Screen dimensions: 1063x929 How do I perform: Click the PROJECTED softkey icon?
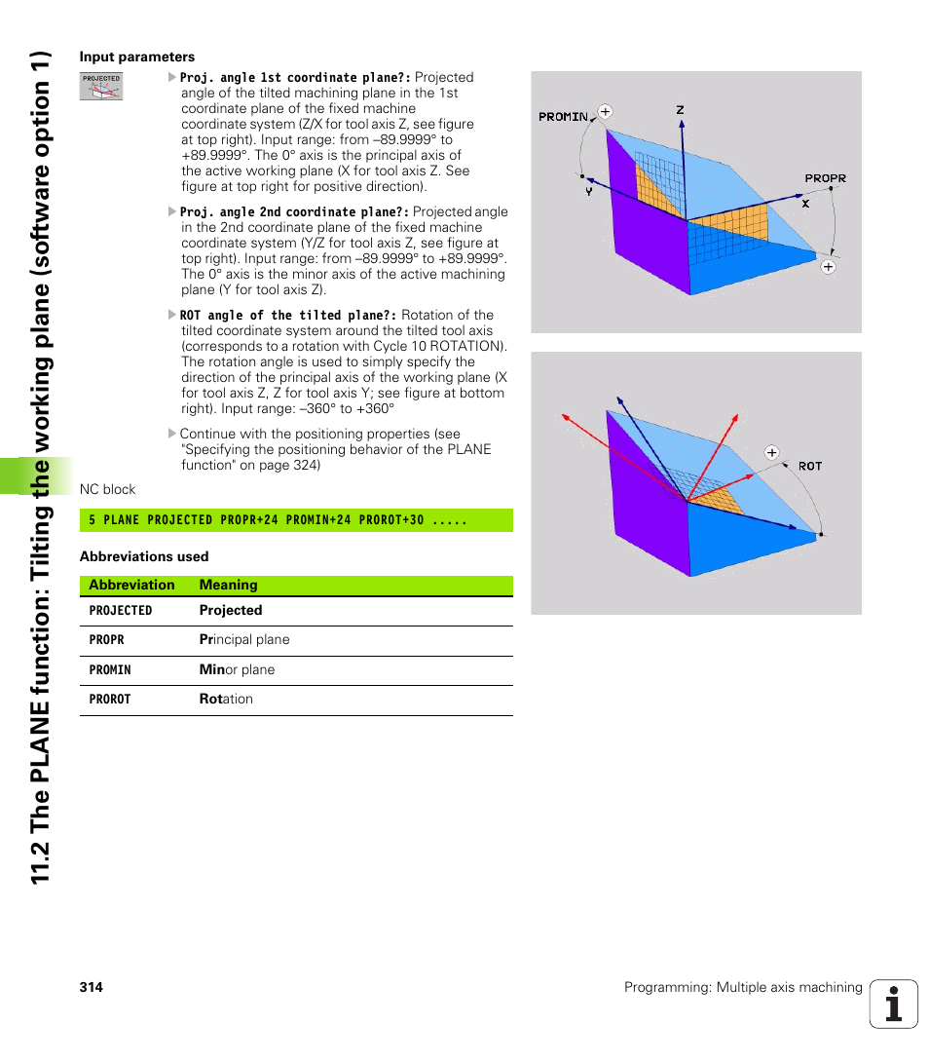pos(101,87)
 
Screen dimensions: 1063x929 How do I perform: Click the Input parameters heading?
pos(137,57)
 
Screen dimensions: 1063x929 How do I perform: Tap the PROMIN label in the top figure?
pos(563,117)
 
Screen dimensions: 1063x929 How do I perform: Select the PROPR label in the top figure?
pos(825,178)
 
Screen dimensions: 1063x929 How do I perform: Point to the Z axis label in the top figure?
pos(681,110)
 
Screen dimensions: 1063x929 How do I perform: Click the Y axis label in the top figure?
pos(589,193)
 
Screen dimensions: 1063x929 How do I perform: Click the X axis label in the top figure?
pos(805,205)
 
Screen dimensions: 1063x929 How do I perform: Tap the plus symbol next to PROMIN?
pos(605,112)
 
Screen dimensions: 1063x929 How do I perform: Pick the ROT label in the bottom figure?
pos(810,467)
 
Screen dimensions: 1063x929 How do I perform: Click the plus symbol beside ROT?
pos(772,452)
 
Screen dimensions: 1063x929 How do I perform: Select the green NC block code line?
pos(296,520)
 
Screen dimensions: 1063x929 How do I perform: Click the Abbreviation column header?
pos(131,586)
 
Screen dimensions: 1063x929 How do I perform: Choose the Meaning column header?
pos(229,586)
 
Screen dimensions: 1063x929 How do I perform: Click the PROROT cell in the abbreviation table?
pos(110,700)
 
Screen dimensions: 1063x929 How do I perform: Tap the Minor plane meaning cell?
pos(237,670)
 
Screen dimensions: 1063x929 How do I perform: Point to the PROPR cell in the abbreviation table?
pos(107,640)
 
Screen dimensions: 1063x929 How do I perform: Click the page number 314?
pos(92,988)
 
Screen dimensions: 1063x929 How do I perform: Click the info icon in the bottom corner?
pos(894,1005)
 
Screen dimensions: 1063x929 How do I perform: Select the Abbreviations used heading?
pos(144,556)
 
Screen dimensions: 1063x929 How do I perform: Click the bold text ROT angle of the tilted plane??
pos(288,316)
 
